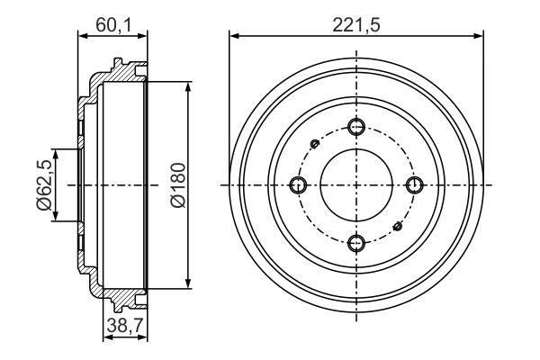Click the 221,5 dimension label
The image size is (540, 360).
[356, 25]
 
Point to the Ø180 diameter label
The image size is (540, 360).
[176, 185]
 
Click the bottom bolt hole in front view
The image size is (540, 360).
[357, 241]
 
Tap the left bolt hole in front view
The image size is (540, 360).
[300, 184]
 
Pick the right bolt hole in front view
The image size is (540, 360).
[415, 184]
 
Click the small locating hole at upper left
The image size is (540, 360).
[314, 143]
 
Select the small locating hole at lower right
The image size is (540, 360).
[400, 226]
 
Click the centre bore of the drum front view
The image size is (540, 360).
[357, 184]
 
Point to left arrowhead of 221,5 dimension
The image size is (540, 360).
[234, 37]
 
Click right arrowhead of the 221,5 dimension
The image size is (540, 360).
[481, 37]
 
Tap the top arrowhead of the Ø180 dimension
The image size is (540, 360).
[187, 86]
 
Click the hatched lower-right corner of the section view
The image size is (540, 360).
[130, 293]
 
